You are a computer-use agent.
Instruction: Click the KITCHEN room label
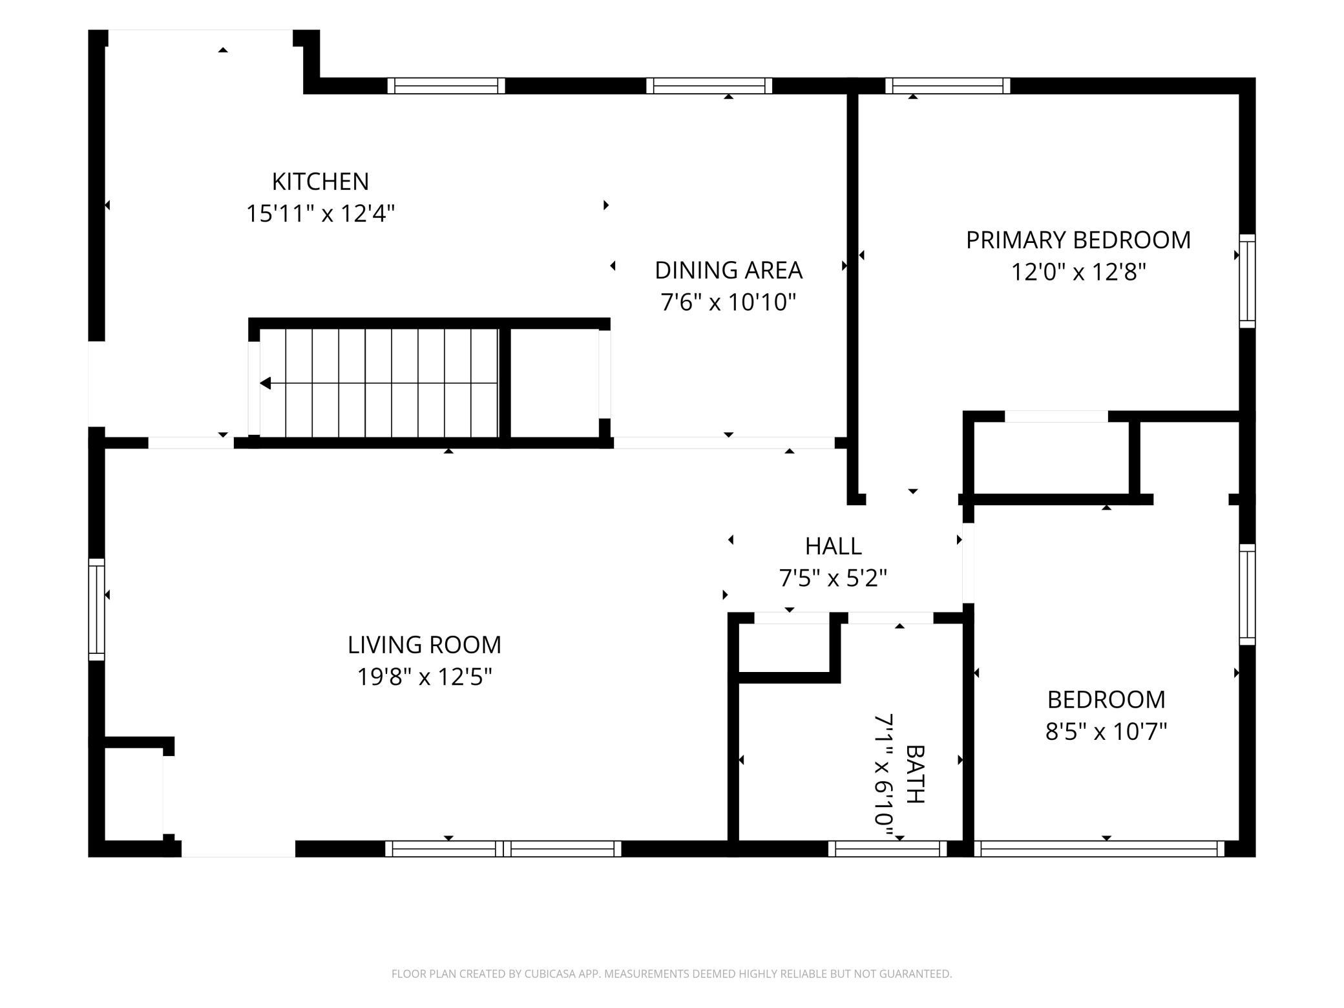(x=320, y=182)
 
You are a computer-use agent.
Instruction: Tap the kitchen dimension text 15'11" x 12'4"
(x=320, y=213)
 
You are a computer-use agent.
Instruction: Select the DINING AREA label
(x=728, y=270)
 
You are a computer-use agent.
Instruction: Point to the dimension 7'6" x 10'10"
(x=728, y=302)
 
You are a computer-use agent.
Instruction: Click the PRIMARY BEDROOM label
(x=1078, y=240)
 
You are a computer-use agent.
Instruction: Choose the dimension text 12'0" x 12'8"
(x=1078, y=272)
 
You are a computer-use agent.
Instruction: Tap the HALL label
(x=833, y=547)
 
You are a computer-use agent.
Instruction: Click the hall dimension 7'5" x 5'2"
(x=833, y=578)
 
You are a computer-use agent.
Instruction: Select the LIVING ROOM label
(x=425, y=645)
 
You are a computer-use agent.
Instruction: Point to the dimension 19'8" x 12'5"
(x=425, y=677)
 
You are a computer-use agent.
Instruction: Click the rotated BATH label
(x=916, y=774)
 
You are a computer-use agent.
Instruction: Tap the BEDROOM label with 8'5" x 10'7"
(x=1106, y=700)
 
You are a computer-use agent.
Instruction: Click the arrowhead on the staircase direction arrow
(x=265, y=383)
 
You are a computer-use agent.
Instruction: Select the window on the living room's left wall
(x=96, y=609)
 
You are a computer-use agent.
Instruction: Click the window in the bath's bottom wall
(x=887, y=848)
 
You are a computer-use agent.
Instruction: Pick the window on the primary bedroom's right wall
(x=1247, y=281)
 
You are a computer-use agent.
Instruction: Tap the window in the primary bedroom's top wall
(x=947, y=86)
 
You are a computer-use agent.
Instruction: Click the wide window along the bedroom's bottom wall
(x=1099, y=848)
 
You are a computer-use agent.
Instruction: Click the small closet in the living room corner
(x=134, y=794)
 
